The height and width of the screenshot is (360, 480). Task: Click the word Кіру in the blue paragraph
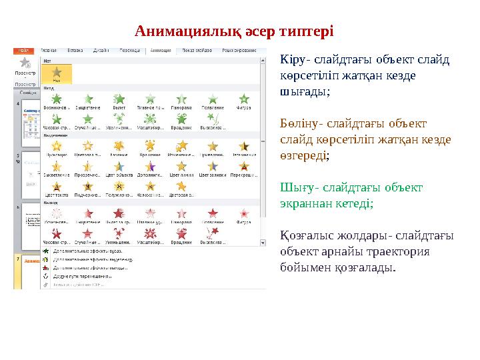[x=291, y=59]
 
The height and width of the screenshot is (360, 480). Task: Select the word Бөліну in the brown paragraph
[x=297, y=123]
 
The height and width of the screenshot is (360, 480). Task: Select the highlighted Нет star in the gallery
[x=57, y=73]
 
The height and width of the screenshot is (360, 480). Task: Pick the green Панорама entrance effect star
[x=181, y=99]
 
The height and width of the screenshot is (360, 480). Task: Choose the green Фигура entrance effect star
[x=244, y=99]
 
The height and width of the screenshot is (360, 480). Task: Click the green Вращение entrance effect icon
[x=181, y=119]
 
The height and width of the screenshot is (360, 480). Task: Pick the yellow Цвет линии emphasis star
[x=181, y=166]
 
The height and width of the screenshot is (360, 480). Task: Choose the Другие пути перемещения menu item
[x=87, y=274]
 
